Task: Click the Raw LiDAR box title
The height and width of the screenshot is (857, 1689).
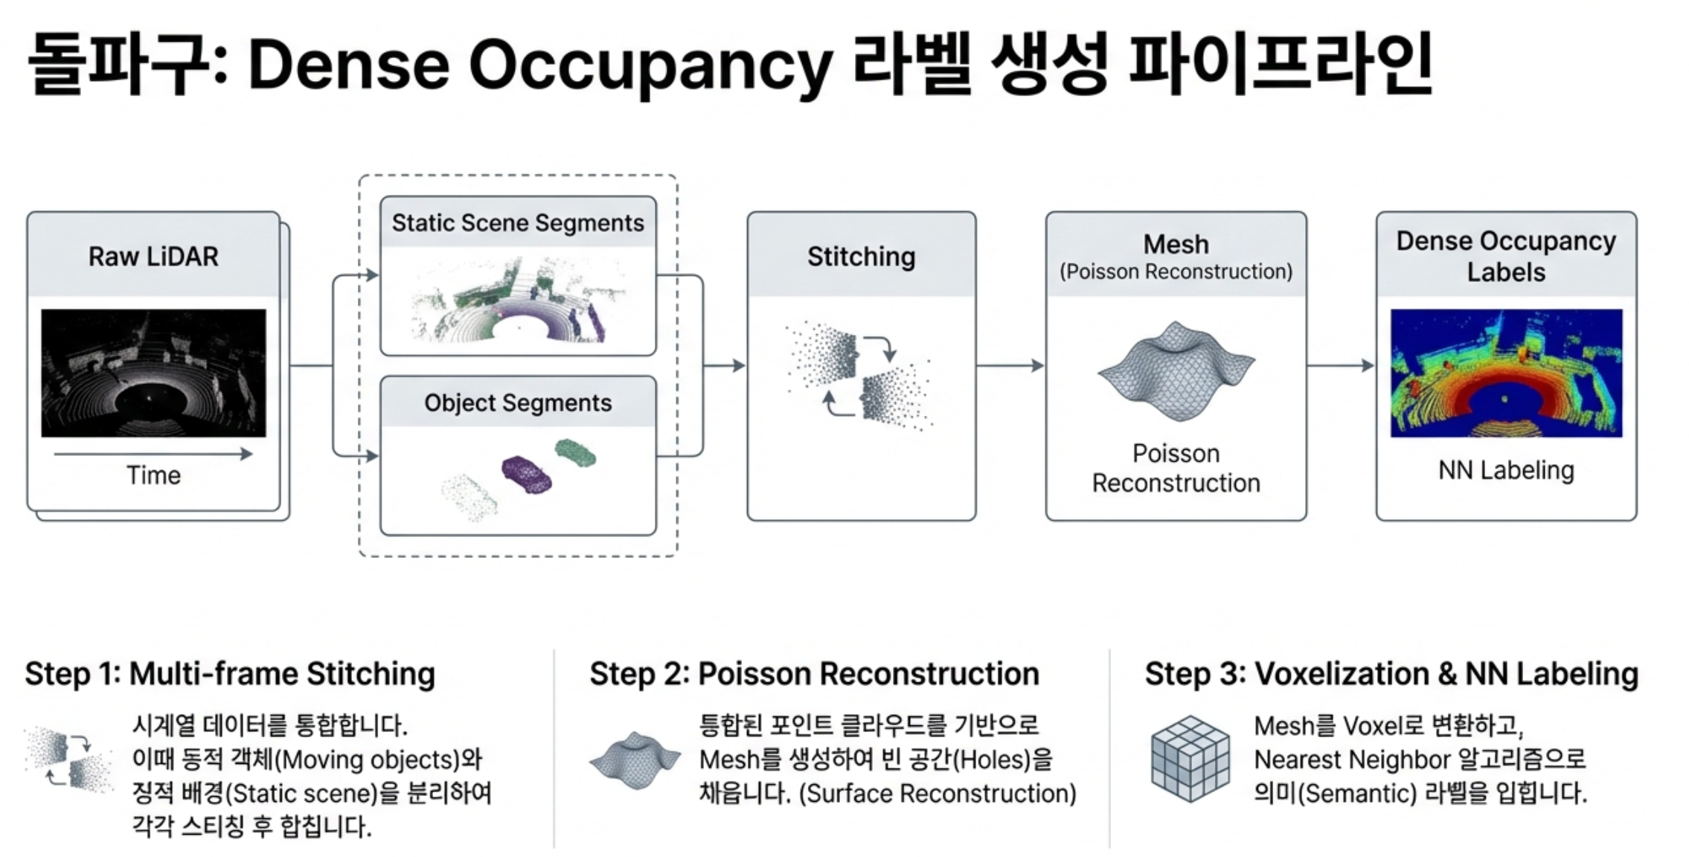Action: (x=153, y=257)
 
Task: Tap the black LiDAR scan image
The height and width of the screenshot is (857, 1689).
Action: (x=153, y=373)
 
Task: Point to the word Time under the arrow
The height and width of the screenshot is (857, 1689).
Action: (x=153, y=475)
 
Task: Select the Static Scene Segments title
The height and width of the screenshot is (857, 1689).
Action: (x=518, y=222)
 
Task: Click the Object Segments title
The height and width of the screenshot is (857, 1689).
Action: (x=518, y=402)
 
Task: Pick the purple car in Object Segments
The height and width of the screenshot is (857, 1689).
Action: (x=526, y=474)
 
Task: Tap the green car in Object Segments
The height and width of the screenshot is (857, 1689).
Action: (x=575, y=452)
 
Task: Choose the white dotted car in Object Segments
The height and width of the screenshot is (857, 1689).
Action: (x=469, y=497)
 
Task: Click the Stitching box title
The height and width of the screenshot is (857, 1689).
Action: (x=861, y=257)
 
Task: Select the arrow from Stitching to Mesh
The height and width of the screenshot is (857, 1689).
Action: (x=1010, y=365)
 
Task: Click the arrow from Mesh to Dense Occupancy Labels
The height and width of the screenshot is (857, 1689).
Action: (x=1340, y=365)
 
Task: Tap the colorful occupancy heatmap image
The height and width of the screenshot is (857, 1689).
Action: (x=1506, y=373)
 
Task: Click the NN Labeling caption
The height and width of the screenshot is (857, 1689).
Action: (x=1506, y=470)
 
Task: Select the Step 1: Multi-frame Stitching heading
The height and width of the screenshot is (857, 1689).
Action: (x=230, y=673)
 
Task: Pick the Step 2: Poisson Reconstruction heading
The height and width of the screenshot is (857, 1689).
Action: (x=814, y=673)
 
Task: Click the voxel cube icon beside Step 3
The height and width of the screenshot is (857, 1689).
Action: (x=1189, y=759)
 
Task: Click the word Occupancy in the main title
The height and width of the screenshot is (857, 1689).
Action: (x=651, y=65)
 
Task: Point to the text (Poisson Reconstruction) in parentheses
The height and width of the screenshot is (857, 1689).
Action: (x=1176, y=272)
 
